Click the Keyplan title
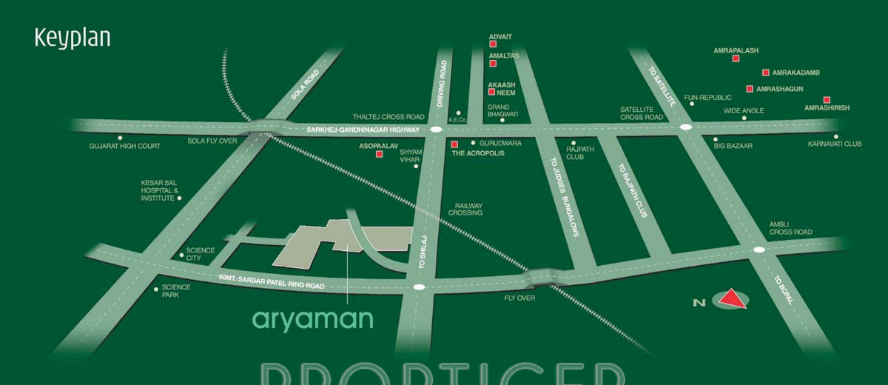coord(72,38)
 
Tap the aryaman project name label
coord(312,319)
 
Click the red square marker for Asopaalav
coord(380,155)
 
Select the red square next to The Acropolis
coord(454,144)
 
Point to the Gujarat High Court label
coord(124,146)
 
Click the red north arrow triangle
coord(732,299)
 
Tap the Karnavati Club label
coord(835,144)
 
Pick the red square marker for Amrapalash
coord(736,58)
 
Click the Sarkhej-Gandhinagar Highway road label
coord(363,130)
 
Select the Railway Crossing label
coord(468,209)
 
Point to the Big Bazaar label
coord(733,146)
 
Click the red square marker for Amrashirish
coord(827,100)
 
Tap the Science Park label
coord(177,291)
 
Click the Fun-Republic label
coord(707,97)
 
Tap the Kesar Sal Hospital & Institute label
coord(158,190)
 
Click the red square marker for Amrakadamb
coord(766,73)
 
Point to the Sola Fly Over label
coord(212,140)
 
